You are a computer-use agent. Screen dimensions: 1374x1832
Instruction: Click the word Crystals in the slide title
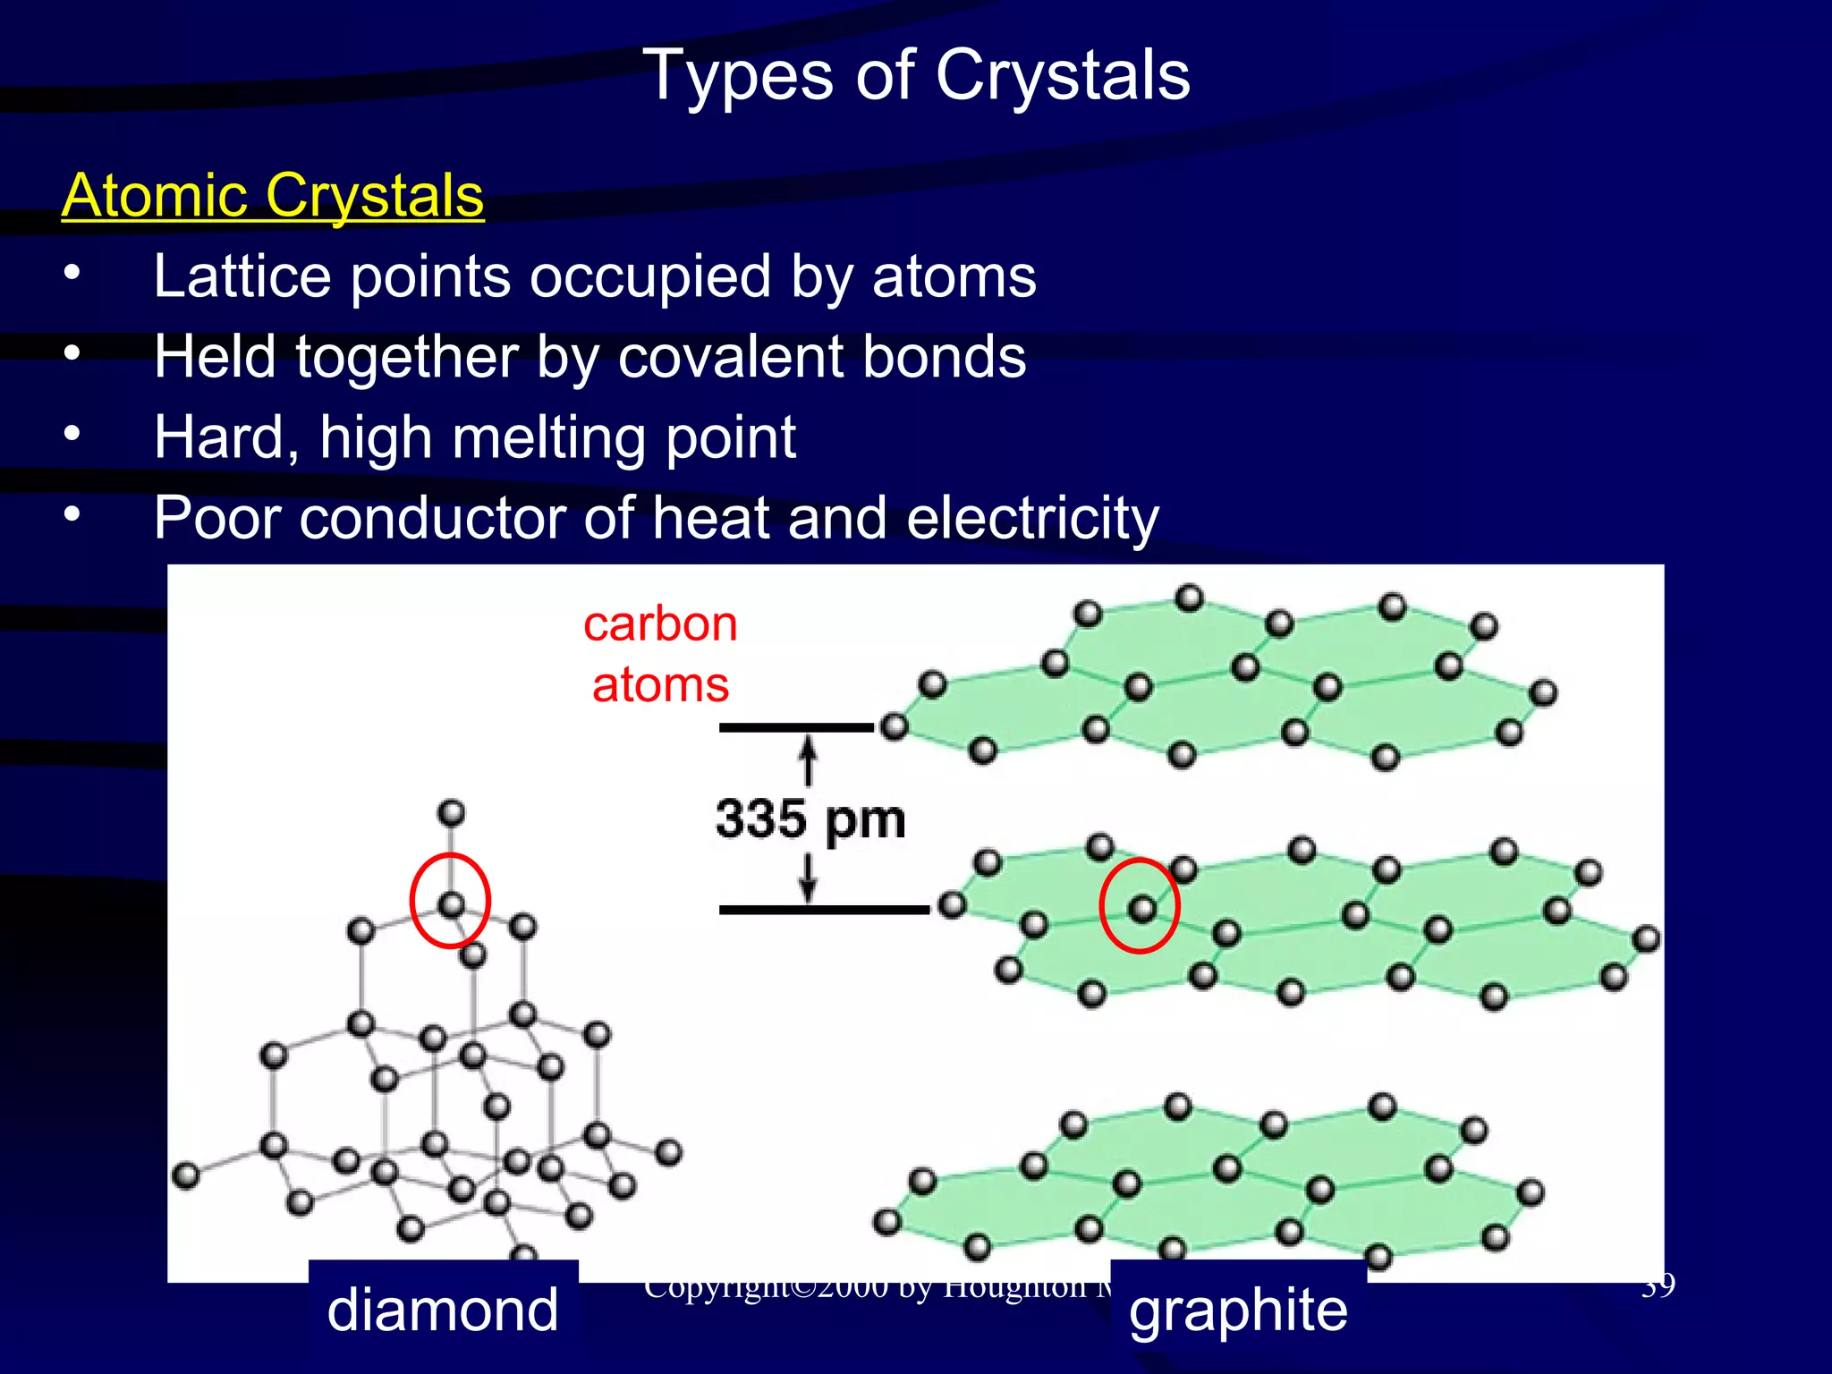point(1063,75)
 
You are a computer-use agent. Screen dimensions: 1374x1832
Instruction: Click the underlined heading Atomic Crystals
point(273,195)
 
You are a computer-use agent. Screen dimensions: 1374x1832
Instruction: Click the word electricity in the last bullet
point(1032,518)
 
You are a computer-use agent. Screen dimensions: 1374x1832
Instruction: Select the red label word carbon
point(660,623)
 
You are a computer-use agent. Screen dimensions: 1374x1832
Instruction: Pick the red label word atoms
point(660,685)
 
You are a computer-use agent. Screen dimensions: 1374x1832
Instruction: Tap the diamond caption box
point(443,1310)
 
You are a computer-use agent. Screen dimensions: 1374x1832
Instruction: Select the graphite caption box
point(1238,1310)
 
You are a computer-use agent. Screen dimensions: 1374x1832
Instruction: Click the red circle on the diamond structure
point(450,901)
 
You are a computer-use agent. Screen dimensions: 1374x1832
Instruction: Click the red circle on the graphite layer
point(1140,905)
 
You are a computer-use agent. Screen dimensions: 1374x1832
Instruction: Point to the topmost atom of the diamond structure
point(451,813)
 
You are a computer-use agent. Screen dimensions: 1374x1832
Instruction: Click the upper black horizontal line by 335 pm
point(796,727)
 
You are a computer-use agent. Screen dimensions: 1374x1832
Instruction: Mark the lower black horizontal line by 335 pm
point(823,910)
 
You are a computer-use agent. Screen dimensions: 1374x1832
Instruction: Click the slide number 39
point(1658,1286)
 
